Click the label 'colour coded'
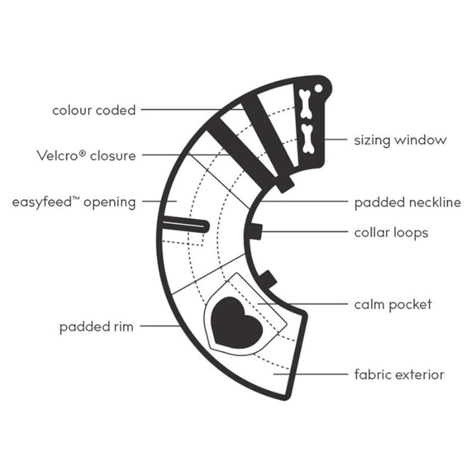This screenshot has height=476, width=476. (x=94, y=110)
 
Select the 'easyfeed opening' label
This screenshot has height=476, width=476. (x=74, y=202)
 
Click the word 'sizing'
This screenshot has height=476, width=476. (x=372, y=141)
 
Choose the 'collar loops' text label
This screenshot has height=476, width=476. (x=391, y=232)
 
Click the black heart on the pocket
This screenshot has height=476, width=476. (x=237, y=321)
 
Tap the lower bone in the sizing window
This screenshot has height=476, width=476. (x=308, y=136)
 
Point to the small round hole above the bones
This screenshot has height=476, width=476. (x=319, y=88)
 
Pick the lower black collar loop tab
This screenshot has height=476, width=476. (x=268, y=278)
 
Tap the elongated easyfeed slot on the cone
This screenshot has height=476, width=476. (x=184, y=224)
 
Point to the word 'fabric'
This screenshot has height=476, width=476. (x=372, y=375)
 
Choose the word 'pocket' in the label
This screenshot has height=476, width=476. (x=410, y=305)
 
